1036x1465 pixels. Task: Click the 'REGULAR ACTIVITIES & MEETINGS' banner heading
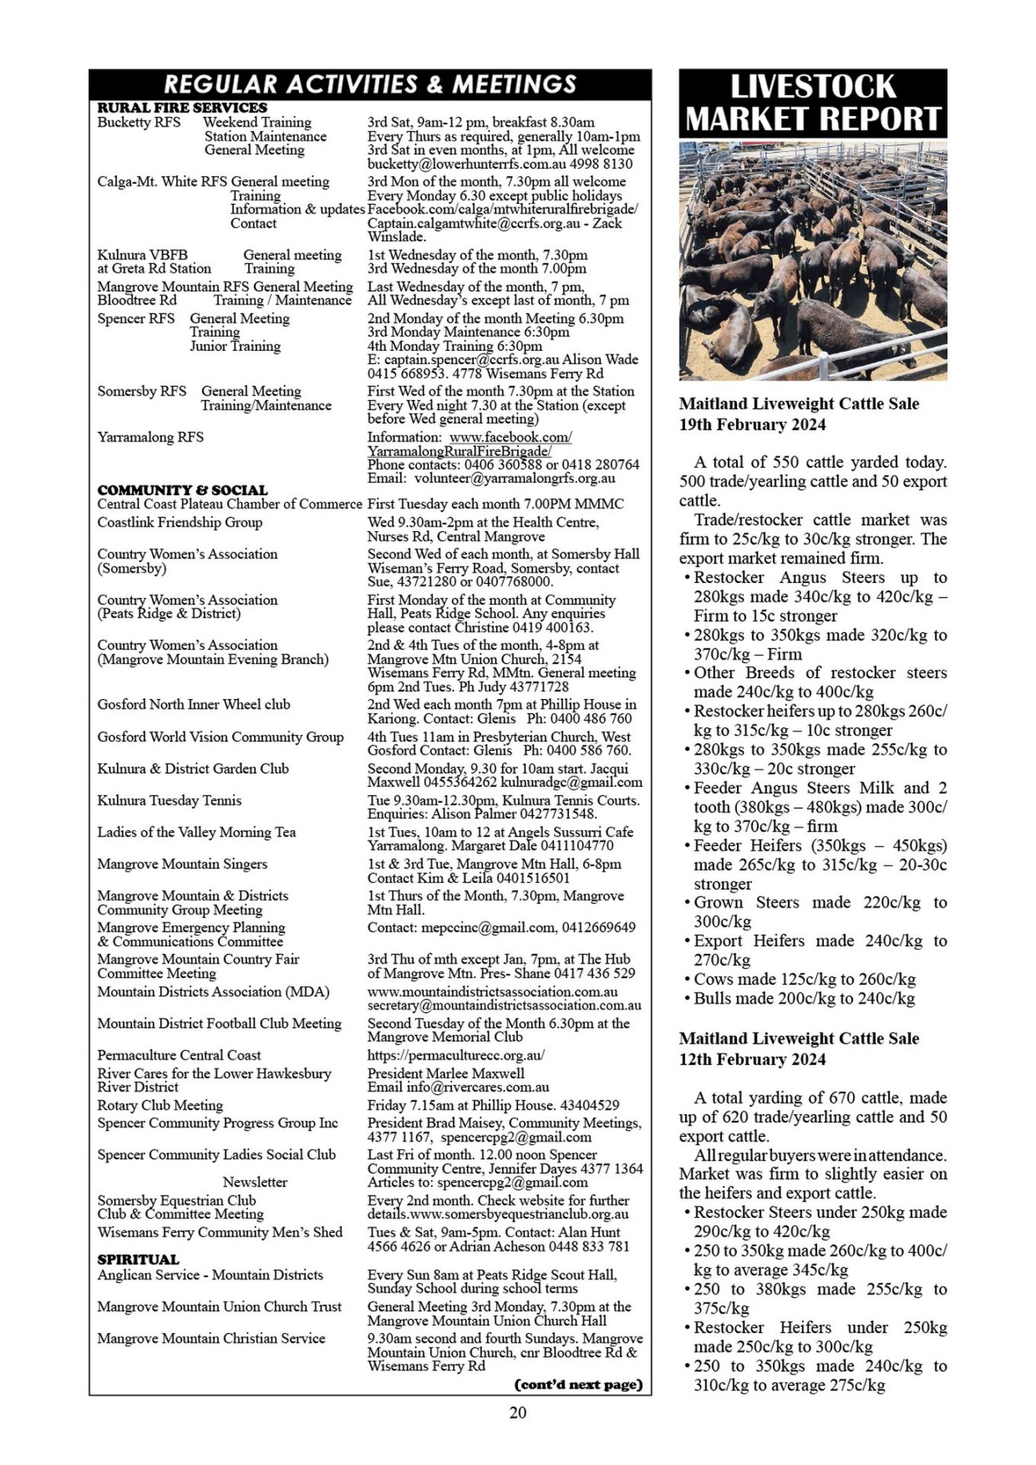[370, 83]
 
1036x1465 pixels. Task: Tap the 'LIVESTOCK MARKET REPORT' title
[812, 103]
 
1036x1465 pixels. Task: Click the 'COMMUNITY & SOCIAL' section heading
[182, 490]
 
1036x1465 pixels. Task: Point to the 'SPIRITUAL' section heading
[138, 1259]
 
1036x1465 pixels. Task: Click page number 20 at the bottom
[517, 1412]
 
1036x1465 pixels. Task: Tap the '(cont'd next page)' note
[579, 1384]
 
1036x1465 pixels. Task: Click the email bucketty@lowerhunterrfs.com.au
[469, 164]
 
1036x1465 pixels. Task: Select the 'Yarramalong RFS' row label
[150, 437]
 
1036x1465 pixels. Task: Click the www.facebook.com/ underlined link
[510, 437]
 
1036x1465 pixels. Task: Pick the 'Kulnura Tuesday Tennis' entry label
[169, 800]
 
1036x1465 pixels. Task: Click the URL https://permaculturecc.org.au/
[456, 1055]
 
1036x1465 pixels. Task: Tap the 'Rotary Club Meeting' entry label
[160, 1105]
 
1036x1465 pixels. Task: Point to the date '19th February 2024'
[752, 424]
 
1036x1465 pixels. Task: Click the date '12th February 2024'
[752, 1059]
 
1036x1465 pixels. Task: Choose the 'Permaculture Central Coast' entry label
[179, 1055]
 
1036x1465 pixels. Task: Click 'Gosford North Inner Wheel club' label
[194, 704]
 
